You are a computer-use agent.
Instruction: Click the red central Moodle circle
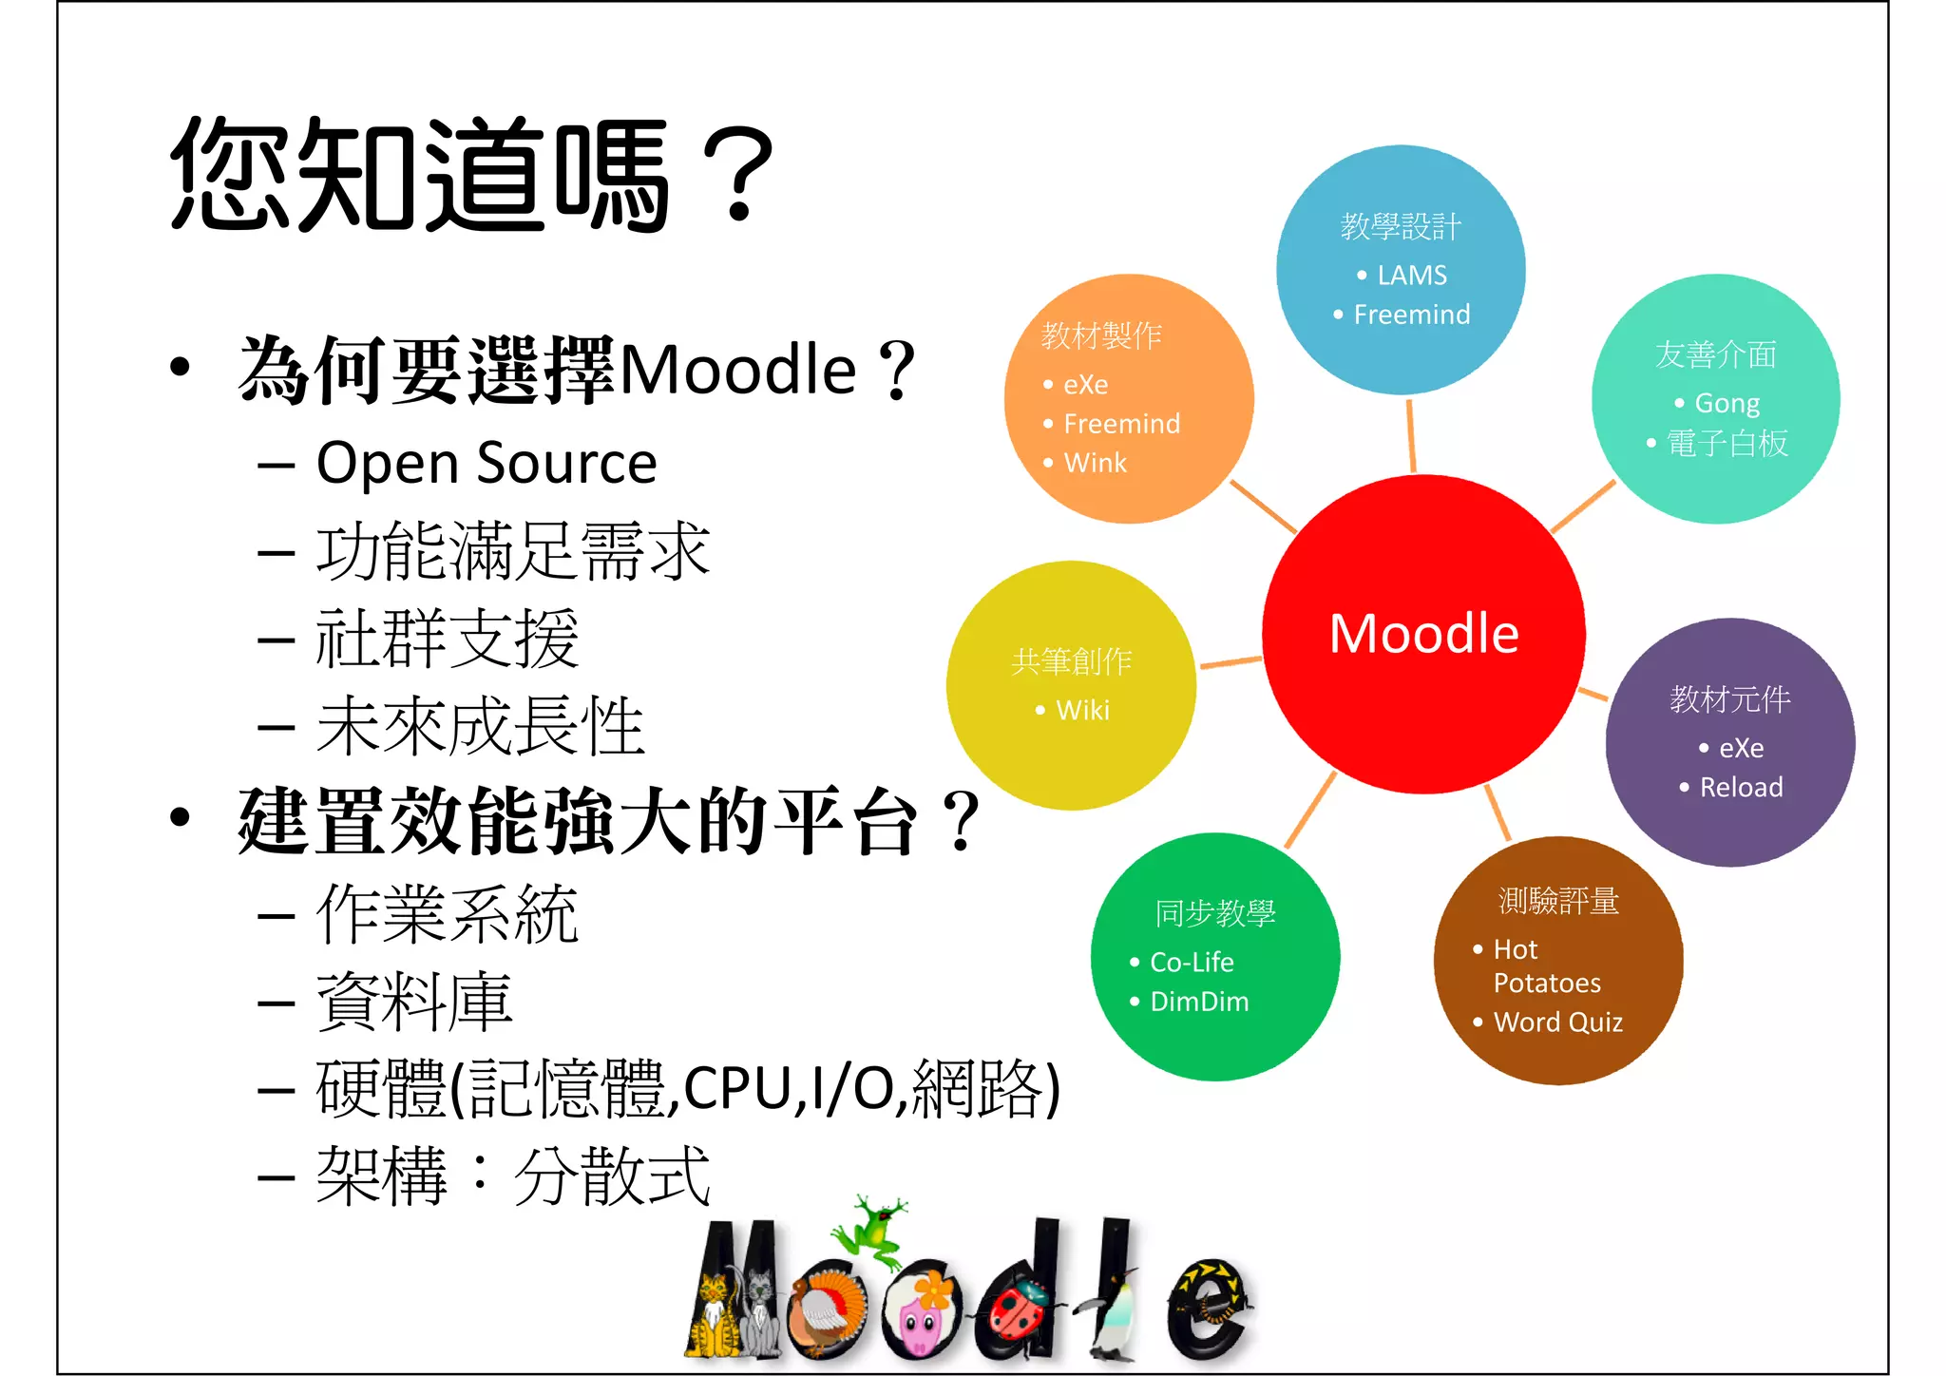[x=1423, y=634]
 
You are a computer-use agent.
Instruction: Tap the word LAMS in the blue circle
[x=1412, y=276]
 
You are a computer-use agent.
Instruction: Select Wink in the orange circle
[x=1095, y=463]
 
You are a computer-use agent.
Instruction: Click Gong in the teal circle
[x=1727, y=404]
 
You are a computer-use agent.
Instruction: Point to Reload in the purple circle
[x=1741, y=787]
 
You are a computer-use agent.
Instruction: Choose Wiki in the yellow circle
[x=1082, y=710]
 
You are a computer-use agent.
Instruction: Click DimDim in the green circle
[x=1199, y=1002]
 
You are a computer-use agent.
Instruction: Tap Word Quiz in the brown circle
[x=1557, y=1022]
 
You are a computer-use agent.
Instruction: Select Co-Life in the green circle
[x=1192, y=962]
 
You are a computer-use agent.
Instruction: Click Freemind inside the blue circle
[x=1411, y=315]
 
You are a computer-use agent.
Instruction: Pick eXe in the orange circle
[x=1085, y=385]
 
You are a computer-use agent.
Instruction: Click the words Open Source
[x=486, y=464]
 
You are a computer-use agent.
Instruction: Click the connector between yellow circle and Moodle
[x=1231, y=661]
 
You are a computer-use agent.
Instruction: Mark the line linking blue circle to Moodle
[x=1411, y=435]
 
